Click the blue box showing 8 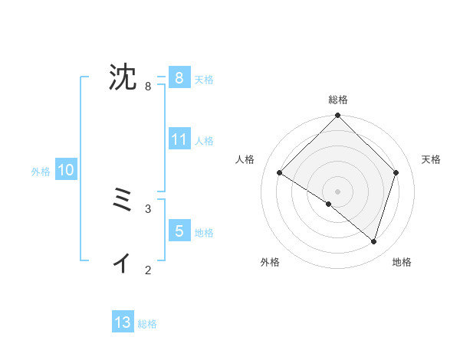pyautogui.click(x=179, y=77)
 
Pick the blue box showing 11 pyautogui.click(x=179, y=139)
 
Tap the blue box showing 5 pyautogui.click(x=179, y=231)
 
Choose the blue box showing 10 pyautogui.click(x=65, y=170)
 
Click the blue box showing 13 pyautogui.click(x=123, y=322)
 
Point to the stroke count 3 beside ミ pyautogui.click(x=148, y=208)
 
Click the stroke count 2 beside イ pyautogui.click(x=148, y=270)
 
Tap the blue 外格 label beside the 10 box pyautogui.click(x=41, y=172)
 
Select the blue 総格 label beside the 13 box pyautogui.click(x=147, y=324)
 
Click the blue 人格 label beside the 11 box pyautogui.click(x=204, y=141)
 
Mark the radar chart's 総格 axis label pyautogui.click(x=338, y=100)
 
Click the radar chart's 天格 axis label pyautogui.click(x=431, y=159)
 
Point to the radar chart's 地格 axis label pyautogui.click(x=402, y=262)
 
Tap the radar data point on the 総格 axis pyautogui.click(x=338, y=116)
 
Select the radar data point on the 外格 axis pyautogui.click(x=329, y=205)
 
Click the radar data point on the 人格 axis pyautogui.click(x=280, y=173)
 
